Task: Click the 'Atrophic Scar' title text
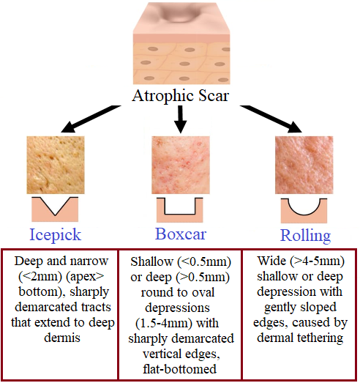click(x=181, y=96)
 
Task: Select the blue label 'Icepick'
click(x=55, y=235)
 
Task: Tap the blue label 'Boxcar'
click(x=181, y=234)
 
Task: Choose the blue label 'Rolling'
click(x=305, y=236)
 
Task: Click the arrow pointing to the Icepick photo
click(x=91, y=119)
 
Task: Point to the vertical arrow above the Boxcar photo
click(x=181, y=119)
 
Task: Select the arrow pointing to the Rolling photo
click(x=271, y=119)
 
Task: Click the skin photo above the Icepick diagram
click(x=56, y=165)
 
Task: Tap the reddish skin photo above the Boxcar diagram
click(x=181, y=165)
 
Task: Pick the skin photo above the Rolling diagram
click(x=304, y=165)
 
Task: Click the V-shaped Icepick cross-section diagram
click(x=55, y=209)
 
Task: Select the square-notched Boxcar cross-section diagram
click(x=179, y=210)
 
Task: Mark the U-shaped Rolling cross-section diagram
click(x=304, y=211)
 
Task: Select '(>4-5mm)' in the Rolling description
click(x=318, y=261)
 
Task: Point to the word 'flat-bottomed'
click(x=180, y=369)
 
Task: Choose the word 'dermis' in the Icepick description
click(x=62, y=338)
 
